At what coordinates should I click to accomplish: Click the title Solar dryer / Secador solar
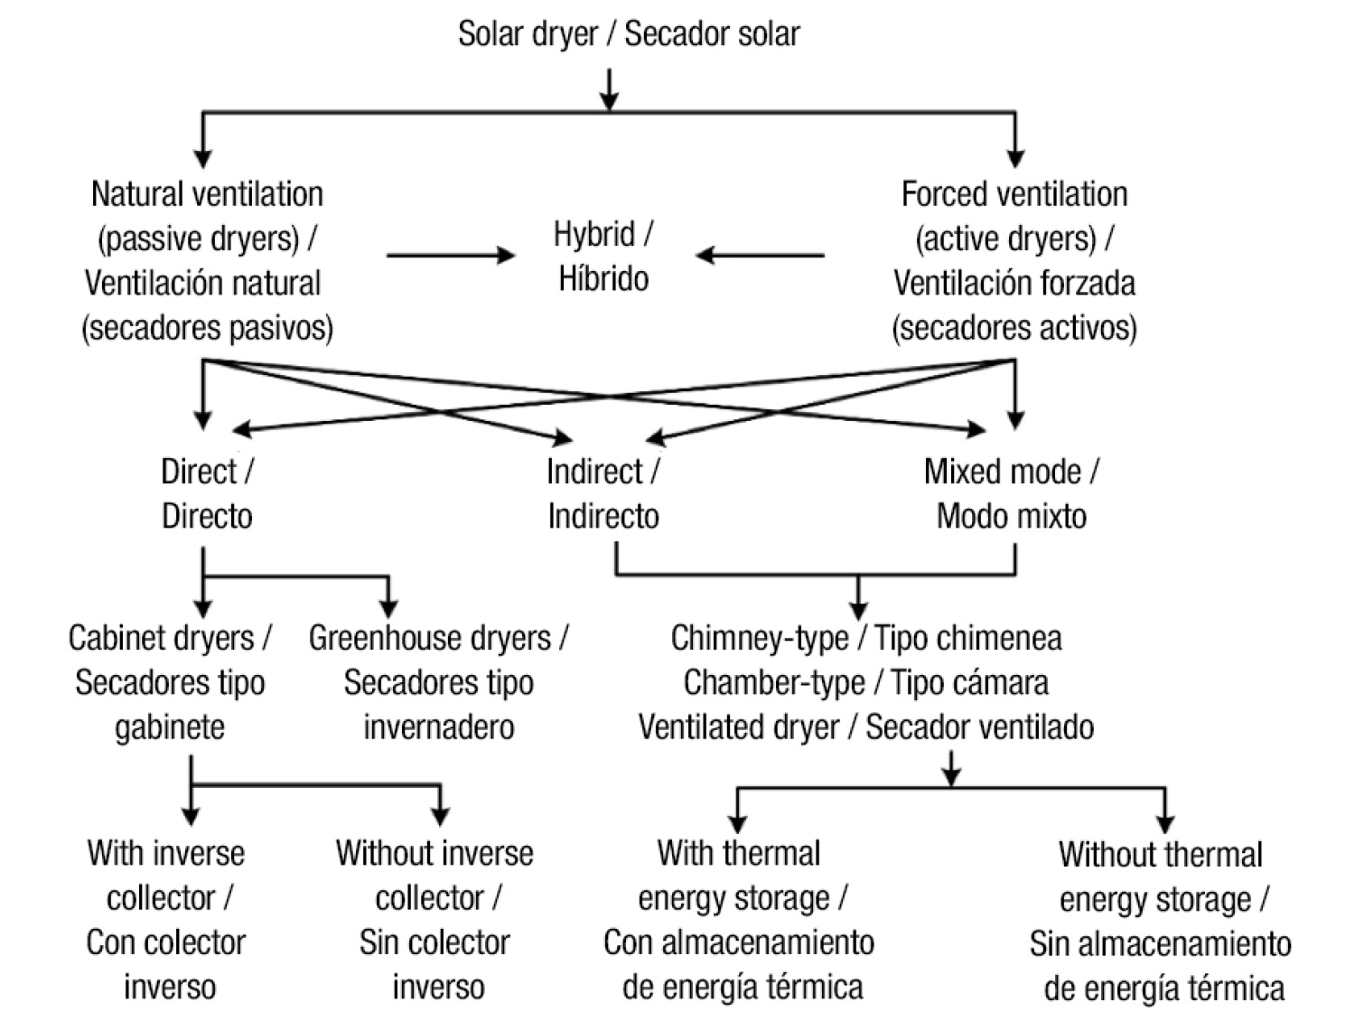point(629,34)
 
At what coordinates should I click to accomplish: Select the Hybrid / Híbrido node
point(603,257)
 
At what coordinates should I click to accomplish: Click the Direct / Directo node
point(207,493)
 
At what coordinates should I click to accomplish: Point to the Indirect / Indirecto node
point(603,493)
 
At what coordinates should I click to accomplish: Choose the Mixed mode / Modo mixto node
point(1011,493)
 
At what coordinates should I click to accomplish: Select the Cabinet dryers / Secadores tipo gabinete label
point(170,682)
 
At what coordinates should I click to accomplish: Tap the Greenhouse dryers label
point(439,682)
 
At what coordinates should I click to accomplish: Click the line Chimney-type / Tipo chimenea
point(865,638)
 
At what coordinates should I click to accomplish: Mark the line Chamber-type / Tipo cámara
point(865,682)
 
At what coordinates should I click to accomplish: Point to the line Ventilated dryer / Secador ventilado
point(865,726)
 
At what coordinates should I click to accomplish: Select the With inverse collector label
point(167,919)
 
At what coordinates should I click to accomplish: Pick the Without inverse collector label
point(435,919)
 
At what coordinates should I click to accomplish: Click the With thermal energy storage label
point(740,919)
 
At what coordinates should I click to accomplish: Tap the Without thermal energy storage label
point(1161,921)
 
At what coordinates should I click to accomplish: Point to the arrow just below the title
point(610,89)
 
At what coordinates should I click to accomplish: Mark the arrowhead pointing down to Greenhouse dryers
point(388,608)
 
